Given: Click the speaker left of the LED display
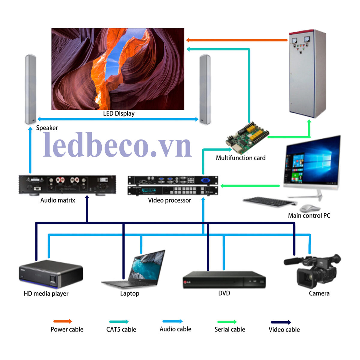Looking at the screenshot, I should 31,89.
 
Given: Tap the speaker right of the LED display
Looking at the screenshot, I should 205,89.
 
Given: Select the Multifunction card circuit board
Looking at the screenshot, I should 247,137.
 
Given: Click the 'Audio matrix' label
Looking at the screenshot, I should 58,200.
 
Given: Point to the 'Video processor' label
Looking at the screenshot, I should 169,200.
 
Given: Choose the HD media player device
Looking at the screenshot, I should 51,274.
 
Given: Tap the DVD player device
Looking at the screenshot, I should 224,280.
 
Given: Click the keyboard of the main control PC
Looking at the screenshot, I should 268,202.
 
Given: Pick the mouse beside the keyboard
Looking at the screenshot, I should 309,208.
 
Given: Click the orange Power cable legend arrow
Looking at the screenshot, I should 62,321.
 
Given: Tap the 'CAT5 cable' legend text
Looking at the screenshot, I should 121,329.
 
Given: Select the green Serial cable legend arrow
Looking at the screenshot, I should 227,322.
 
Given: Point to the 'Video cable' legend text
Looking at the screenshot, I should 284,330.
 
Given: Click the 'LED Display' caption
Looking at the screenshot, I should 119,114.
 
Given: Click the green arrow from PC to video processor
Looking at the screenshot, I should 250,186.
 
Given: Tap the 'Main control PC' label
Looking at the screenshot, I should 309,216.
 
